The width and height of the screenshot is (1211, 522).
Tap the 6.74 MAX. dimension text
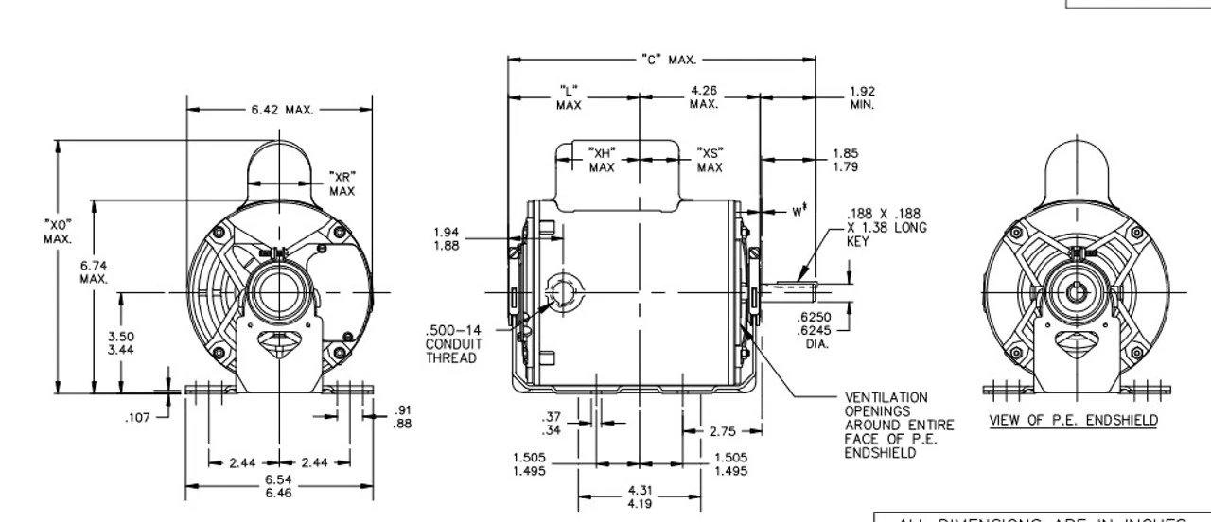point(93,271)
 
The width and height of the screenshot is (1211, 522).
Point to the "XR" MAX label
point(342,183)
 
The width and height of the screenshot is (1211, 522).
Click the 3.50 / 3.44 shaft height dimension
point(121,342)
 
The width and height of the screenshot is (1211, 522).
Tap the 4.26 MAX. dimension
point(703,97)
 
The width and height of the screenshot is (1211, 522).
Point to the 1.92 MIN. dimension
point(861,97)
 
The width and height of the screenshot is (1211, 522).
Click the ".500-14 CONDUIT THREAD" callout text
point(451,344)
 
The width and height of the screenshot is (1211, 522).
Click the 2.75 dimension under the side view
point(724,431)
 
